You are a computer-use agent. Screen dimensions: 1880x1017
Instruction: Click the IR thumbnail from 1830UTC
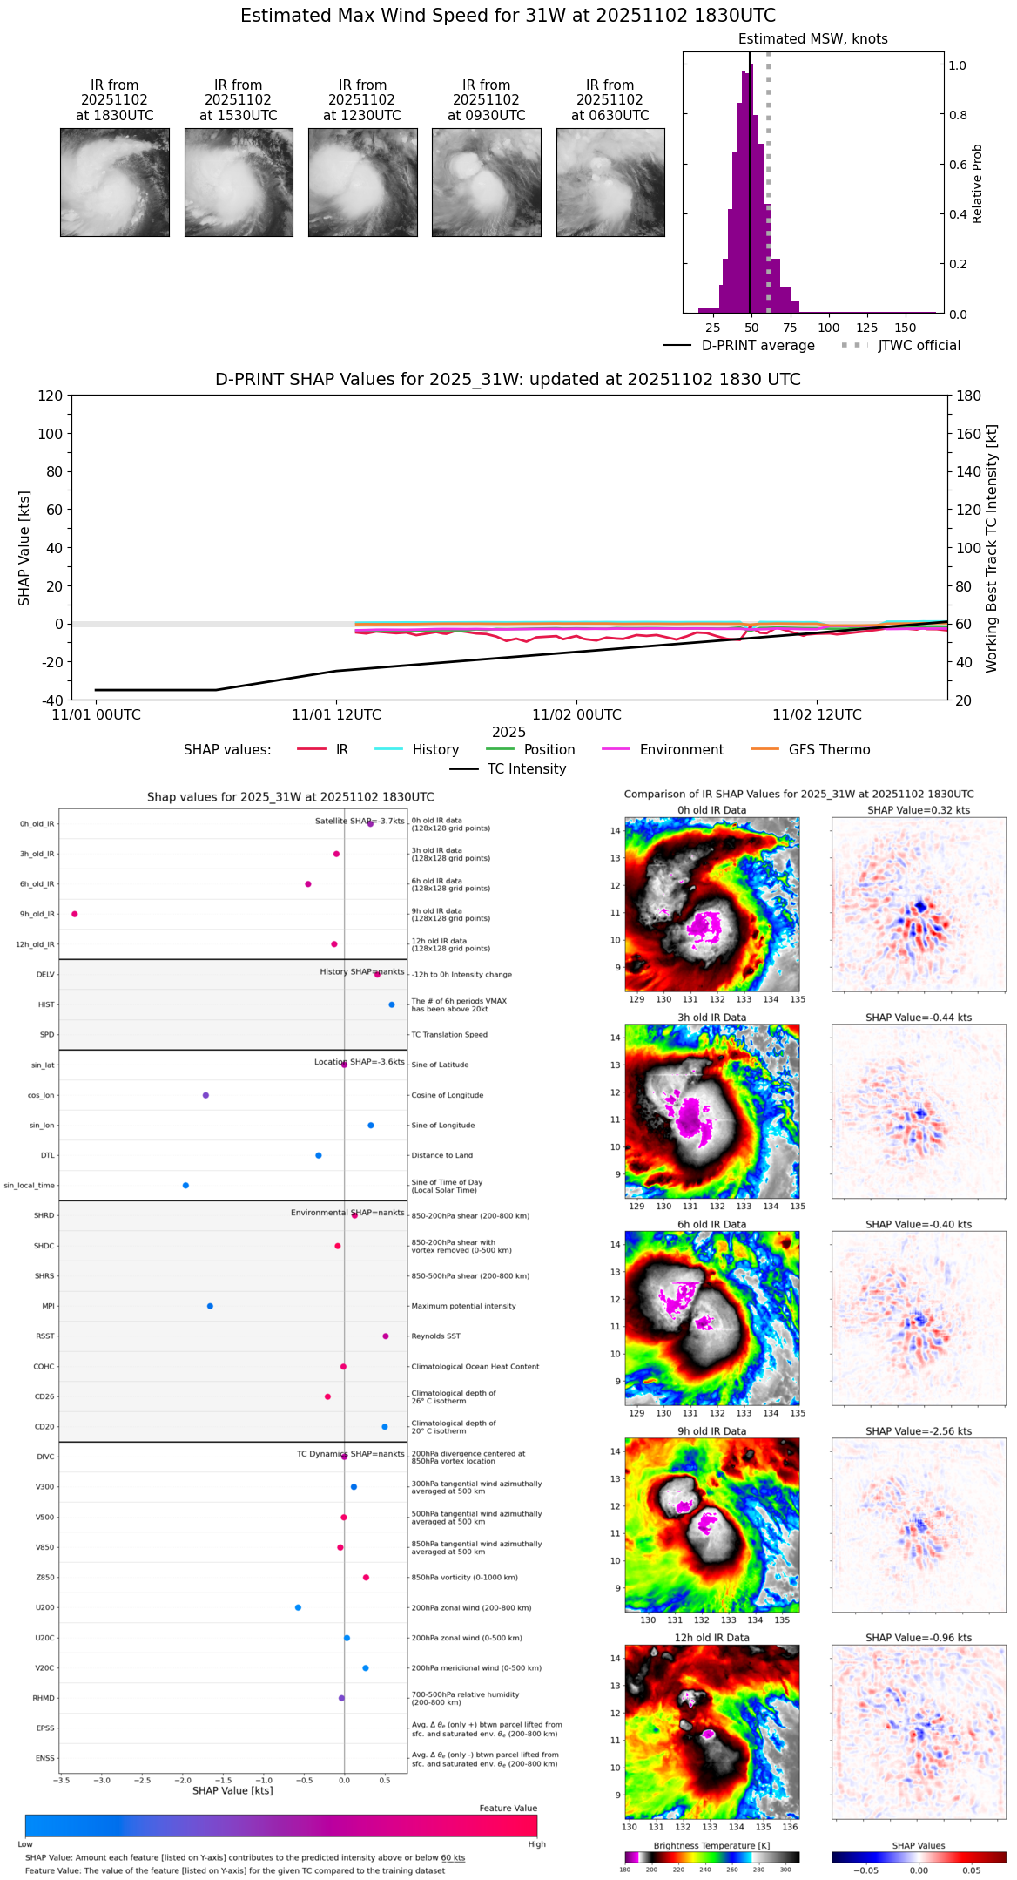(114, 182)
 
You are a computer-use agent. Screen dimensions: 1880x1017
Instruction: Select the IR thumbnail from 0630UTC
(610, 182)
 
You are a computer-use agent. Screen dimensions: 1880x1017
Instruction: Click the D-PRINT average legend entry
(758, 346)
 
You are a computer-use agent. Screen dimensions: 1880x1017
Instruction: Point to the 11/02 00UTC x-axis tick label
(576, 715)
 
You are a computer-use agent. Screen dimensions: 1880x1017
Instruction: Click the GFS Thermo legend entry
(829, 750)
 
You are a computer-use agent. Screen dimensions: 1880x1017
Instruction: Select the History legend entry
(435, 750)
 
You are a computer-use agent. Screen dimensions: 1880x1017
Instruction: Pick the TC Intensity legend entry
(526, 769)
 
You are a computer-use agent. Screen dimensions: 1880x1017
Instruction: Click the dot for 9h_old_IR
(75, 914)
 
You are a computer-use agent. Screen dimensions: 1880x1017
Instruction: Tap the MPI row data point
(210, 1306)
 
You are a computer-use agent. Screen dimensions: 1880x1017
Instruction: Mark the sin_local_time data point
(185, 1186)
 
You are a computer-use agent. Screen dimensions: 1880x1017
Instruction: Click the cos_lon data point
(205, 1095)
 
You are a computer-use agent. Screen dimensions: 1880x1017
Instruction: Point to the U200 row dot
(298, 1607)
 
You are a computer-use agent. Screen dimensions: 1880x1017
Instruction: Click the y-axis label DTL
(48, 1156)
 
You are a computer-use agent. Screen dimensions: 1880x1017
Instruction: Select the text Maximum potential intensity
(463, 1306)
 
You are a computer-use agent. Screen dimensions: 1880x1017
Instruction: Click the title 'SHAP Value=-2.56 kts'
(919, 1431)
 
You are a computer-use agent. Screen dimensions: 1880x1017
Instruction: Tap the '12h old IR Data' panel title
(711, 1638)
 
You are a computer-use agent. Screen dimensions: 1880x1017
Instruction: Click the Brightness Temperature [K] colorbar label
(711, 1845)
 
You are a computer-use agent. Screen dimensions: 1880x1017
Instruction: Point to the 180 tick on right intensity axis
(969, 396)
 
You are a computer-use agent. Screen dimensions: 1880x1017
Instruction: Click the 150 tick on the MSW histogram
(906, 328)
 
